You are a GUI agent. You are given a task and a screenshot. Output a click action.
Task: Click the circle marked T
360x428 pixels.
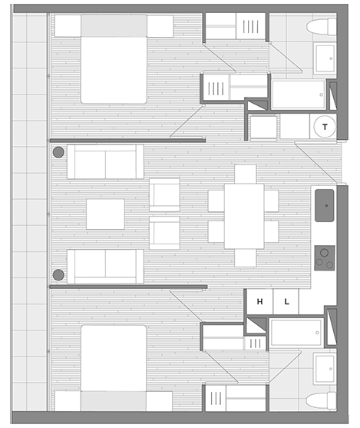325,127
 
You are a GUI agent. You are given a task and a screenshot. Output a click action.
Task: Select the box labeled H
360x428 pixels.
259,301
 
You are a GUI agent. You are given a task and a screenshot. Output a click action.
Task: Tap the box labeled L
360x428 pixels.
286,301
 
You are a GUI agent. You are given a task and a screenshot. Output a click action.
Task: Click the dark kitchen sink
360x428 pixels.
324,205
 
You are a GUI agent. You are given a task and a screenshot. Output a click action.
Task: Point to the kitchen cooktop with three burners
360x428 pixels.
324,258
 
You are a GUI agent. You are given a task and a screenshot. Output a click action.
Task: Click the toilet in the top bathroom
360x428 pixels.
321,27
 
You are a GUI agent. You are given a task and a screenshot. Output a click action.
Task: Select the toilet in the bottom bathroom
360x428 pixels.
321,400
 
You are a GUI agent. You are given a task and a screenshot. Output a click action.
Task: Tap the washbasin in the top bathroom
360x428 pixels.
325,58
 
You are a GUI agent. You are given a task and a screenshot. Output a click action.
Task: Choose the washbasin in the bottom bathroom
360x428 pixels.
325,369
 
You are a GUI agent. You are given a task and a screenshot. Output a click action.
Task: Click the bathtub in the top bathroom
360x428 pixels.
299,95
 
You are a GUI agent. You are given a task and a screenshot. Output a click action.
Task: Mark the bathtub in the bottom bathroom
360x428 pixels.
296,333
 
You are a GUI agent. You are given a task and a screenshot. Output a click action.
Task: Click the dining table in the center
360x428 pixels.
244,216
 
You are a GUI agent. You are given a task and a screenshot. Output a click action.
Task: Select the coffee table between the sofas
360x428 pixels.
106,214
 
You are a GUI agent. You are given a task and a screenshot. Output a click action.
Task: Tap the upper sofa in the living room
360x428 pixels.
106,161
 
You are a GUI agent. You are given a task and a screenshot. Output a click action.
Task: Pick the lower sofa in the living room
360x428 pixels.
106,267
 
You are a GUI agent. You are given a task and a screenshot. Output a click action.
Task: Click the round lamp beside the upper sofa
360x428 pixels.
58,152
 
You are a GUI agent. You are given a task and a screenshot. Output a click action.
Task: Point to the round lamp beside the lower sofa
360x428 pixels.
58,275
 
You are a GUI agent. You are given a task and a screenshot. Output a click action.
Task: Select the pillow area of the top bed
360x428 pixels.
114,25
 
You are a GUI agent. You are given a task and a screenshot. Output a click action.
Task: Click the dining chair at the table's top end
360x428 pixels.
246,174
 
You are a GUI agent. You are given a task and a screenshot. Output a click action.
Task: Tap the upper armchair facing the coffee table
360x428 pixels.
164,195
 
